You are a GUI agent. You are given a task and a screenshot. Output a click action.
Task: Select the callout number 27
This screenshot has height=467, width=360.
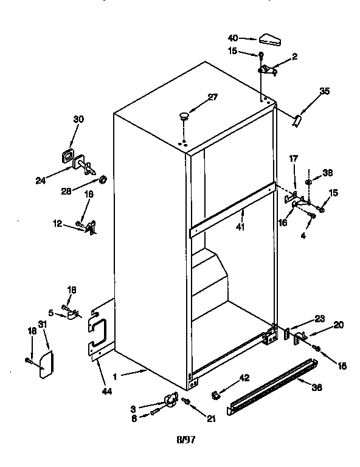212,97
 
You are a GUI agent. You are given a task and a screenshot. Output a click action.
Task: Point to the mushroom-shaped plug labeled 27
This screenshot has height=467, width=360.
185,116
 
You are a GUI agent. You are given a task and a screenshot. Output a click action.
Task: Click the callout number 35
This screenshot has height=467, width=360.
325,91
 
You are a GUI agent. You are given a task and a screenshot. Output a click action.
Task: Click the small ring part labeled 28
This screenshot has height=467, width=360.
103,179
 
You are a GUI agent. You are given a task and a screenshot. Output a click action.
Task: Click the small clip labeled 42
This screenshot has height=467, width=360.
215,396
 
